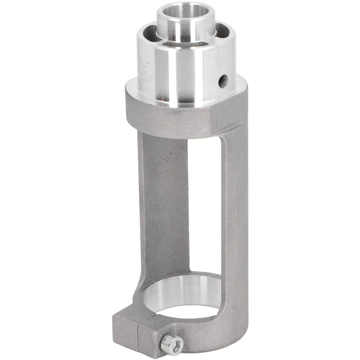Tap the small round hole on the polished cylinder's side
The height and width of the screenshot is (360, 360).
click(223, 81)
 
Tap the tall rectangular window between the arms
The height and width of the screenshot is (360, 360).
click(205, 202)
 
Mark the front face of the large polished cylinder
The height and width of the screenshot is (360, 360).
click(180, 76)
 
